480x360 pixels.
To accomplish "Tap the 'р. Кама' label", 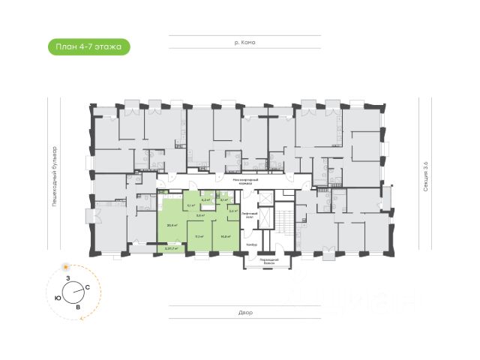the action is pyautogui.click(x=244, y=43).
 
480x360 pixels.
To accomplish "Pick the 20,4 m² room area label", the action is pyautogui.click(x=172, y=224).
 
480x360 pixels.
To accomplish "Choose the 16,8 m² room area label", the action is pyautogui.click(x=225, y=235).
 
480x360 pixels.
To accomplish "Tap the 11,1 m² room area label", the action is pyautogui.click(x=199, y=235).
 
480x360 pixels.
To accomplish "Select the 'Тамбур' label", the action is pyautogui.click(x=253, y=244).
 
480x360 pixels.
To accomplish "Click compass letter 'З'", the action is pyautogui.click(x=68, y=278).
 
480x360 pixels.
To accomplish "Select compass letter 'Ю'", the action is pyautogui.click(x=58, y=297).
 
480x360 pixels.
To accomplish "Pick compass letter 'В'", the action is pyautogui.click(x=78, y=306).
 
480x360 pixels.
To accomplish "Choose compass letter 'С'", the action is pyautogui.click(x=88, y=287).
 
